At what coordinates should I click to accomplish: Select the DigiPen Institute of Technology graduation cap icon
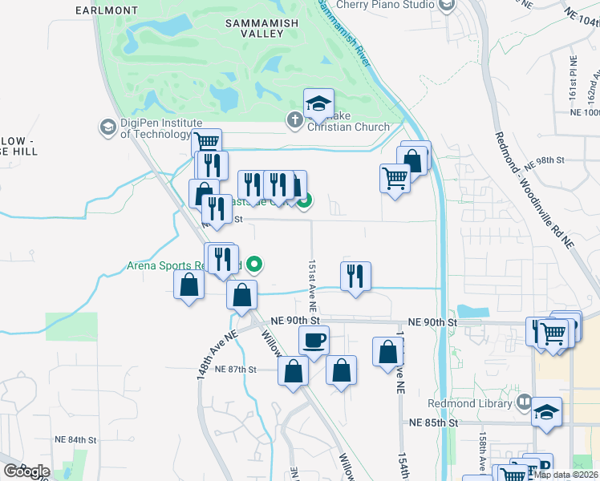coord(107,127)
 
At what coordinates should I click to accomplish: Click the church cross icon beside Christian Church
coord(294,120)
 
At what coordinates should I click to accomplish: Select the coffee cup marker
coord(314,340)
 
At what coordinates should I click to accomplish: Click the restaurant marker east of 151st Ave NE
coord(355,275)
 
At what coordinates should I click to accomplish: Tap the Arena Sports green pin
coord(255,263)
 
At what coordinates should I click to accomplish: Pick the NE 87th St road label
coord(236,370)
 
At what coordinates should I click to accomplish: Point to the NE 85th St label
coord(432,422)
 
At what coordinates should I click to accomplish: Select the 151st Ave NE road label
coord(312,286)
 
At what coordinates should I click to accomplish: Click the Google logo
coord(26,471)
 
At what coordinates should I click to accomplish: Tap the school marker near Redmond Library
coord(547,411)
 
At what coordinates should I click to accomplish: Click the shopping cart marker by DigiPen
coord(207,142)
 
